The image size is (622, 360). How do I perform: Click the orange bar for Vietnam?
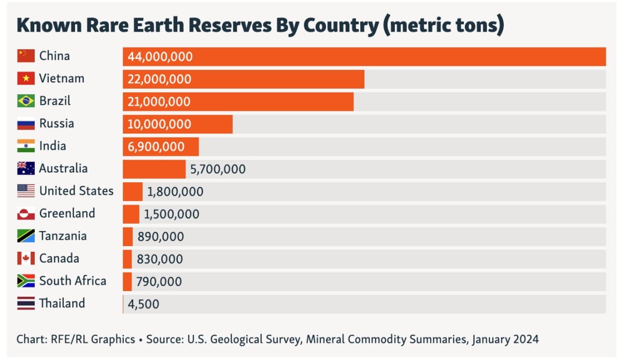244,79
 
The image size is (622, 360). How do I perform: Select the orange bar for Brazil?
238,102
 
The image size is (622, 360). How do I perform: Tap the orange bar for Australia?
154,169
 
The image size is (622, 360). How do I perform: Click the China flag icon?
26,56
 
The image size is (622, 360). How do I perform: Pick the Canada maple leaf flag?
26,258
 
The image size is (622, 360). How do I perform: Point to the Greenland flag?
26,213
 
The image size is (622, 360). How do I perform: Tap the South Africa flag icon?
26,281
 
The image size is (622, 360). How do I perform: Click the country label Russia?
56,123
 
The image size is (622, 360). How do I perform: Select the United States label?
76,191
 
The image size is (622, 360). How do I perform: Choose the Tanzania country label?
63,236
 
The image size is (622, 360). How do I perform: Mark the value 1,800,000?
175,192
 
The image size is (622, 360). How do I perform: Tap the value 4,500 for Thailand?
144,304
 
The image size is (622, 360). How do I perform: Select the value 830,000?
160,259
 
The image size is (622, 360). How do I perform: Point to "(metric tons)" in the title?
444,26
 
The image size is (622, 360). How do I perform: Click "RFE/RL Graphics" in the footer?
93,340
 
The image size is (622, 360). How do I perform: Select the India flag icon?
26,146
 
